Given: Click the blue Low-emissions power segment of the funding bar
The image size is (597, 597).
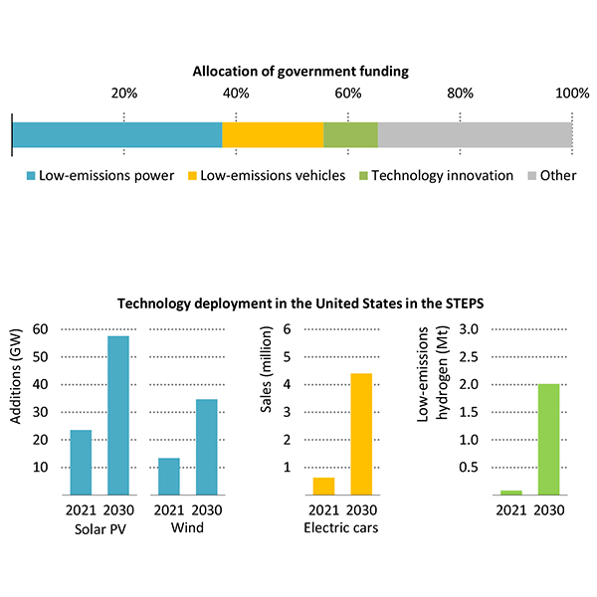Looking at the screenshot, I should pos(117,135).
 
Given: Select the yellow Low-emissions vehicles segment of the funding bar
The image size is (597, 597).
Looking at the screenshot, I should pos(273,135).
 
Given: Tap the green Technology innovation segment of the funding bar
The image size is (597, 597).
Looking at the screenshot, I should pos(350,135).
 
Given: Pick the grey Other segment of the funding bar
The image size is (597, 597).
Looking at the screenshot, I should pos(475,135).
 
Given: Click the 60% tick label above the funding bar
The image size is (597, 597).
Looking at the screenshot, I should pos(347,94).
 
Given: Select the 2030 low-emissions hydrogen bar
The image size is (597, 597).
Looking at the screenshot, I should pos(548,439).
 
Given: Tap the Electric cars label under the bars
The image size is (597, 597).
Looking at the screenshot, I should pos(340,527).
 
